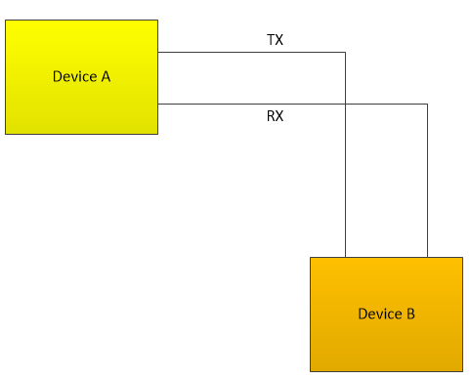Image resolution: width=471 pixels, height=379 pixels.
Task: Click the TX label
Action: [x=275, y=40]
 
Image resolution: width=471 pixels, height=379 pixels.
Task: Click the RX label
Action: [x=275, y=116]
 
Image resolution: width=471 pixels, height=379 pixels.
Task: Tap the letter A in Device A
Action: [x=105, y=76]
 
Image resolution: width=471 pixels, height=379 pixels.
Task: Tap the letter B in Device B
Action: [x=410, y=314]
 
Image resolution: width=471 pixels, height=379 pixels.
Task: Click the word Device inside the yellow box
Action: [x=73, y=76]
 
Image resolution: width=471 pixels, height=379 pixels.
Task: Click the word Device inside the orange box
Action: [x=378, y=314]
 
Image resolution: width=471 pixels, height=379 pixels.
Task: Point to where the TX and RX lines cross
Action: [x=346, y=104]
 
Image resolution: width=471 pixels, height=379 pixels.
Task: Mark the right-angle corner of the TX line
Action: [x=346, y=52]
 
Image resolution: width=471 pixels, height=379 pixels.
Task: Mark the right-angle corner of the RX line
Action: [x=427, y=104]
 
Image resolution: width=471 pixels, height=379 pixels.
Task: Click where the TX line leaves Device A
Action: [x=158, y=52]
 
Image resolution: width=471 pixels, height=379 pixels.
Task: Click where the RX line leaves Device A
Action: [x=158, y=104]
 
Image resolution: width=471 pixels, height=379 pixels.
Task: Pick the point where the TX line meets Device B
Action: [x=346, y=257]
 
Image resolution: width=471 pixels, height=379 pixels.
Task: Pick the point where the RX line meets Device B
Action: [x=427, y=257]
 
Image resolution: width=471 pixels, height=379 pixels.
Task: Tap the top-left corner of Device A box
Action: [x=6, y=21]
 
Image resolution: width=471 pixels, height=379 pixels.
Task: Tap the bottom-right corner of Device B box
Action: [x=462, y=371]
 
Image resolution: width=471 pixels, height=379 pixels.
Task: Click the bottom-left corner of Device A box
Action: [x=6, y=134]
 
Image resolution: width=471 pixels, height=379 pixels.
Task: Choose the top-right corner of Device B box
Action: [x=462, y=258]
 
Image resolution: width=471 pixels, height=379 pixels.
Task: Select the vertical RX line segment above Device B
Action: [x=427, y=181]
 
